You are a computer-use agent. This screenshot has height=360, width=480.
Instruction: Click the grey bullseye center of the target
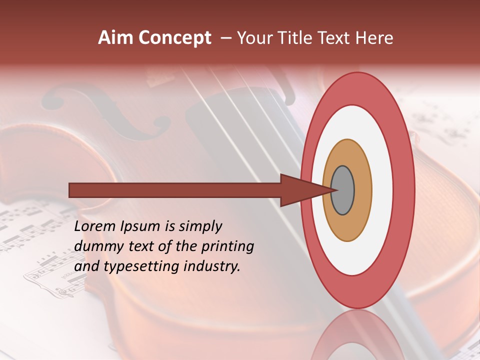coord(342,190)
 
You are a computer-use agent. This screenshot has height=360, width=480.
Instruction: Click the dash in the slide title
coord(225,38)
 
